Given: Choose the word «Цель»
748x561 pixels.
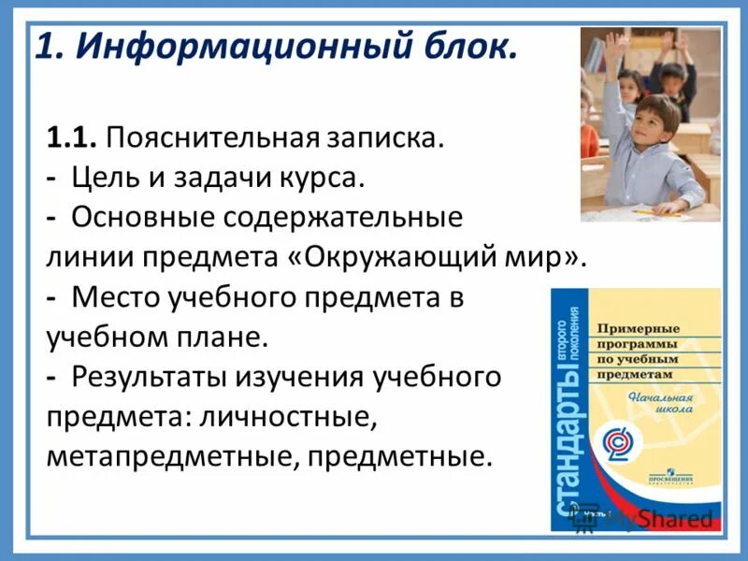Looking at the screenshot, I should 104,178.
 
